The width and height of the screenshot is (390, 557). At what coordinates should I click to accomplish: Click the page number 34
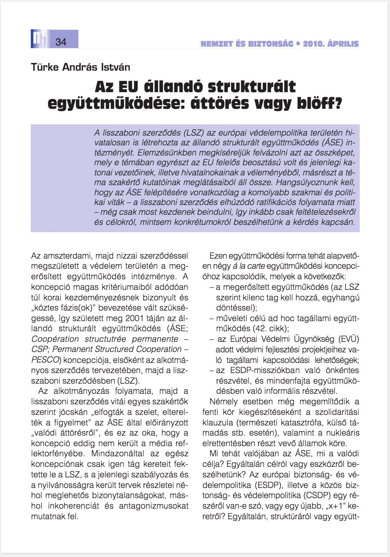(61, 41)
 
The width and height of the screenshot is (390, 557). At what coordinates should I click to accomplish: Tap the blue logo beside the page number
(40, 39)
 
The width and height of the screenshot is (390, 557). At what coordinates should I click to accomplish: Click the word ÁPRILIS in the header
(343, 44)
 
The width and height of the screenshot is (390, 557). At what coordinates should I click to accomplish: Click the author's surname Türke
(45, 67)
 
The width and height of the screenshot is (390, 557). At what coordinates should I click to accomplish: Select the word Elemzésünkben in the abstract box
(165, 153)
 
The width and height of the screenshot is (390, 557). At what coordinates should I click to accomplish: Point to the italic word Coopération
(55, 339)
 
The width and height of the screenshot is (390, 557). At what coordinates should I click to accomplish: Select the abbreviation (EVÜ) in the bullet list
(349, 339)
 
